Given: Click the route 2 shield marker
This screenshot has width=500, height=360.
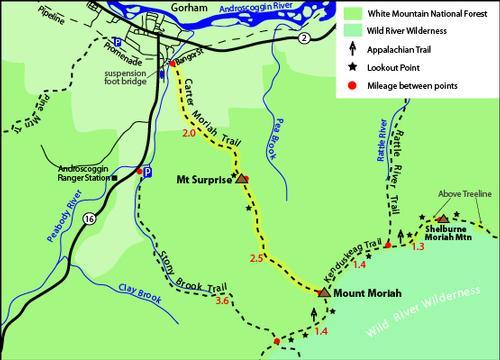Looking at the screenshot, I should pos(303,37).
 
